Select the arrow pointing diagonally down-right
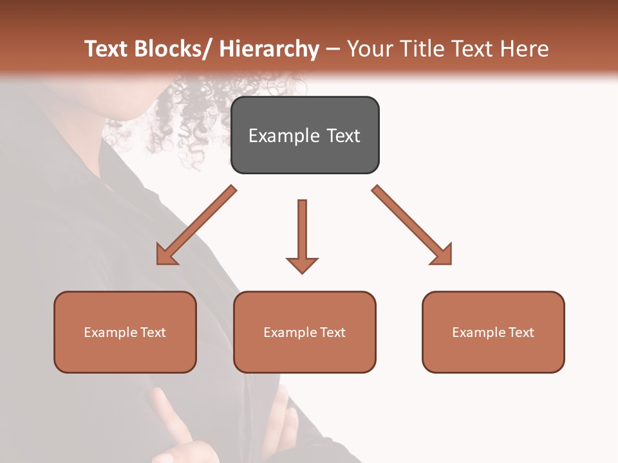click(412, 225)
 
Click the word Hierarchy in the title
click(269, 49)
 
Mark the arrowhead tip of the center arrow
click(302, 272)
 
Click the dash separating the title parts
click(333, 49)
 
